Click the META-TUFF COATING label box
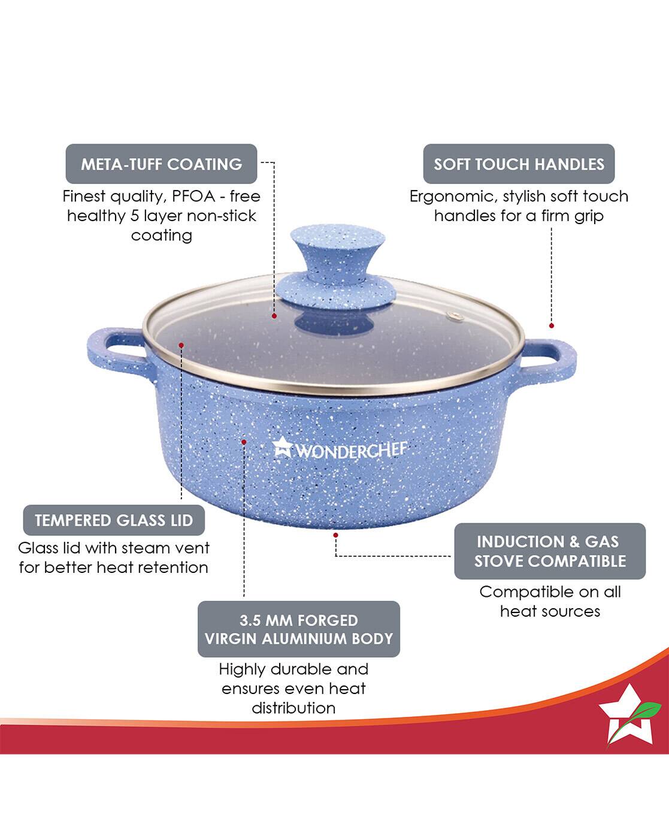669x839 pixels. [161, 164]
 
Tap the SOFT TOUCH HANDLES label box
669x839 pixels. [519, 164]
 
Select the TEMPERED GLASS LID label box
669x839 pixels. [114, 520]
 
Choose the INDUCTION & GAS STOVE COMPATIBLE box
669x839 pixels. [549, 551]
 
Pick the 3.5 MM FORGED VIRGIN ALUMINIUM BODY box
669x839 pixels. [298, 629]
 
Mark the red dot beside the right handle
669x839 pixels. [552, 325]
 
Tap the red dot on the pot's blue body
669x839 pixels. [244, 442]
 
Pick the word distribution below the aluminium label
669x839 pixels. [293, 708]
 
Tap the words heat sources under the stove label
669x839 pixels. [550, 611]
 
